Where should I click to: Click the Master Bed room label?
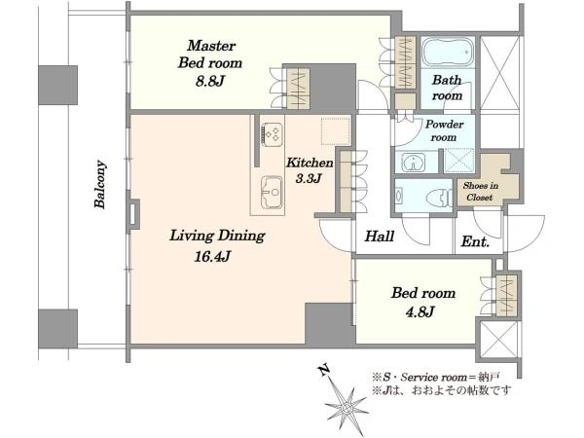(x=210, y=55)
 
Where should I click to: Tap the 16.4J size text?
(x=212, y=256)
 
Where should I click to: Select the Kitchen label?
(x=310, y=163)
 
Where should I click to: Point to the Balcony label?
(x=100, y=184)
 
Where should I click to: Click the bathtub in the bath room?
(x=448, y=52)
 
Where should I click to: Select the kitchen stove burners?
(x=273, y=134)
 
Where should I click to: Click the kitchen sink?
(x=272, y=192)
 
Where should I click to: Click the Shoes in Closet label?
(x=481, y=191)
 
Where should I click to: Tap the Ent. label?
(x=475, y=241)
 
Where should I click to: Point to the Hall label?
(x=380, y=237)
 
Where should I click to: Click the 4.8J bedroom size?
(x=420, y=311)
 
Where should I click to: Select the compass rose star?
(x=347, y=409)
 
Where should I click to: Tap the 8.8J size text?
(x=210, y=81)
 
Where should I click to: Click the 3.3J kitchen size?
(x=309, y=179)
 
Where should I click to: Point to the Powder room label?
(x=445, y=130)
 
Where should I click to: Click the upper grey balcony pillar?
(x=58, y=85)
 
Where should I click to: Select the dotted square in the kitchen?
(x=336, y=130)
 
